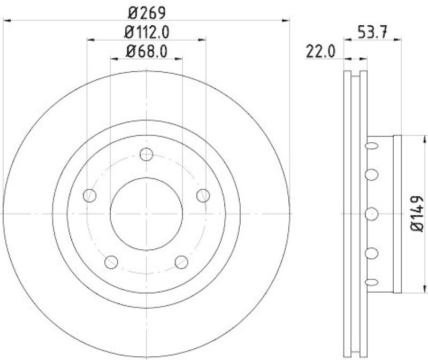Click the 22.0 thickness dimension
pyautogui.click(x=320, y=51)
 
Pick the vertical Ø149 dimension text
pyautogui.click(x=418, y=214)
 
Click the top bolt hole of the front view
pyautogui.click(x=146, y=155)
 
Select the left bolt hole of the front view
pyautogui.click(x=90, y=196)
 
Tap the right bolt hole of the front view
pyautogui.click(x=203, y=196)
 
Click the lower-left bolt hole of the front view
pyautogui.click(x=111, y=262)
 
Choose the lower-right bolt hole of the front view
pyautogui.click(x=181, y=262)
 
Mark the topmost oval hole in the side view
pyautogui.click(x=371, y=145)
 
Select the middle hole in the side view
pyautogui.click(x=371, y=214)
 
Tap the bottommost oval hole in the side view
pyautogui.click(x=371, y=282)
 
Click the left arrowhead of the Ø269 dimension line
pyautogui.click(x=6, y=20)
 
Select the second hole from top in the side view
pyautogui.click(x=371, y=174)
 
